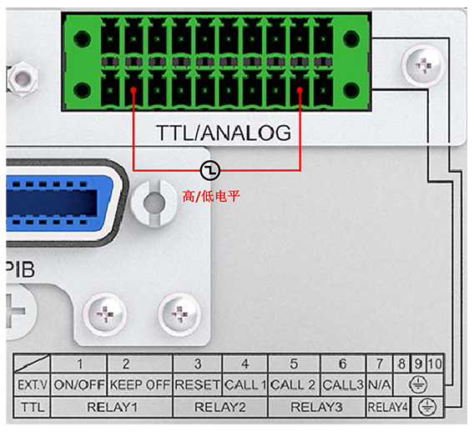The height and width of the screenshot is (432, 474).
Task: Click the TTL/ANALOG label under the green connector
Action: pyautogui.click(x=224, y=133)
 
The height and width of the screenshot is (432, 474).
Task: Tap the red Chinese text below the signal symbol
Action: pyautogui.click(x=211, y=196)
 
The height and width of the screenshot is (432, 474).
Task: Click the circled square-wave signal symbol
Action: pyautogui.click(x=210, y=170)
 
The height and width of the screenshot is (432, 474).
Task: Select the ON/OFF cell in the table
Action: pyautogui.click(x=79, y=384)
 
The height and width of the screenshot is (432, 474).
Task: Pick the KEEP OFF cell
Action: pyautogui.click(x=139, y=384)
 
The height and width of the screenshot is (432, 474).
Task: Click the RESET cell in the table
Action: pyautogui.click(x=198, y=384)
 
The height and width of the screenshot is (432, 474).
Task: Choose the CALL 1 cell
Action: pyautogui.click(x=245, y=384)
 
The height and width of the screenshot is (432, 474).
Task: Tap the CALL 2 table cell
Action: pyautogui.click(x=294, y=384)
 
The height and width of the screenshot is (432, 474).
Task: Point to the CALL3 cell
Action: pyautogui.click(x=343, y=384)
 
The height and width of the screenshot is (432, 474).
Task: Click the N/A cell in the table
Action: pyautogui.click(x=380, y=384)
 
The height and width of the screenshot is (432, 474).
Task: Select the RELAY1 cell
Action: pyautogui.click(x=112, y=407)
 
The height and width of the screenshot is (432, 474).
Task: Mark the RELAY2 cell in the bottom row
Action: pyautogui.click(x=220, y=407)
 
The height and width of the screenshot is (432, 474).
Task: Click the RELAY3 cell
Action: pyautogui.click(x=316, y=407)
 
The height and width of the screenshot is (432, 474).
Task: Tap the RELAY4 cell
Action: pyautogui.click(x=387, y=407)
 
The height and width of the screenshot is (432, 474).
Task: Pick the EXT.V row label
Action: pyautogui.click(x=33, y=384)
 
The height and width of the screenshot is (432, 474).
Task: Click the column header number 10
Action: pyautogui.click(x=435, y=364)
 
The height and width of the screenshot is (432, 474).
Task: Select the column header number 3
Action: pyautogui.click(x=198, y=364)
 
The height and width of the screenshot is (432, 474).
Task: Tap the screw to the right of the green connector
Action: pyautogui.click(x=424, y=65)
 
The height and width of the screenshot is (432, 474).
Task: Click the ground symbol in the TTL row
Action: pyautogui.click(x=426, y=407)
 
